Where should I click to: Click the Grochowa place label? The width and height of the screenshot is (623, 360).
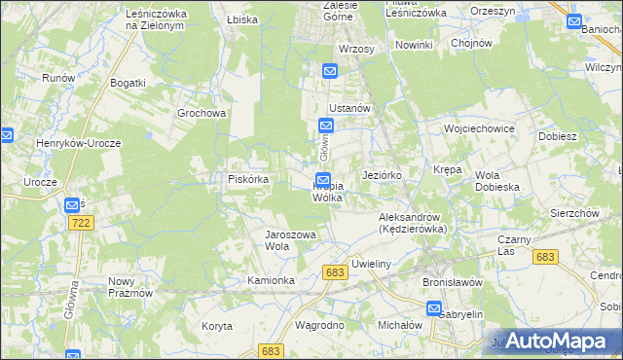tap(202, 113)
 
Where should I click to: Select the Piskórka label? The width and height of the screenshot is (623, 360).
tap(248, 179)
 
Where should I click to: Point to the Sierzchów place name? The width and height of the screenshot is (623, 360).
tap(573, 212)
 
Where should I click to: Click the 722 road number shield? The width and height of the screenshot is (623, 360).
tap(81, 224)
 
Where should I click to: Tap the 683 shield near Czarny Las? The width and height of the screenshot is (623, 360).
tap(545, 256)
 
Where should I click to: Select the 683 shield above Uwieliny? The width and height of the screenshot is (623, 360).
tap(336, 272)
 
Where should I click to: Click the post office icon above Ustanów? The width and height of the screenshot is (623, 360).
tap(329, 70)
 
